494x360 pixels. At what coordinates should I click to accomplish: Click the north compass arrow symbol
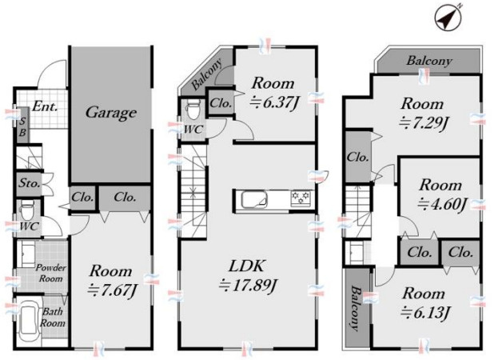(x=448, y=18)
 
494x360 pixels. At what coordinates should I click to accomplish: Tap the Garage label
(x=111, y=113)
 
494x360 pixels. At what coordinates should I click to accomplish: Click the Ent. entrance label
(x=45, y=106)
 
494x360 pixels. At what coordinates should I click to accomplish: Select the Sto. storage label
(x=30, y=182)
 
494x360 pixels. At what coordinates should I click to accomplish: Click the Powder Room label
(x=50, y=273)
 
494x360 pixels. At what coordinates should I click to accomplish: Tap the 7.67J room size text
(x=112, y=290)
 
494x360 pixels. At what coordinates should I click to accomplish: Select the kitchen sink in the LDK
(x=254, y=199)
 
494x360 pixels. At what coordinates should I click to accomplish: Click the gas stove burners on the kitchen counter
(x=301, y=198)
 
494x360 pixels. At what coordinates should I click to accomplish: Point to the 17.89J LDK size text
(x=249, y=286)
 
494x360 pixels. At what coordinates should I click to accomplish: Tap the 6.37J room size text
(x=274, y=102)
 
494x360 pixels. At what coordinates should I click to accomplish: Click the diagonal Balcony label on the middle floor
(x=207, y=74)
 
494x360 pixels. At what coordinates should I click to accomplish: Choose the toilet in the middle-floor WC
(x=194, y=109)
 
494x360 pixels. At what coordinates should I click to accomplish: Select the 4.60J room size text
(x=442, y=204)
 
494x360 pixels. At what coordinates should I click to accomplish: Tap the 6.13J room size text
(x=425, y=312)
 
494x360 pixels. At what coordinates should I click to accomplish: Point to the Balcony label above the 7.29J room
(x=429, y=61)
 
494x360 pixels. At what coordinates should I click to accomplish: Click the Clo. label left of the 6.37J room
(x=221, y=103)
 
